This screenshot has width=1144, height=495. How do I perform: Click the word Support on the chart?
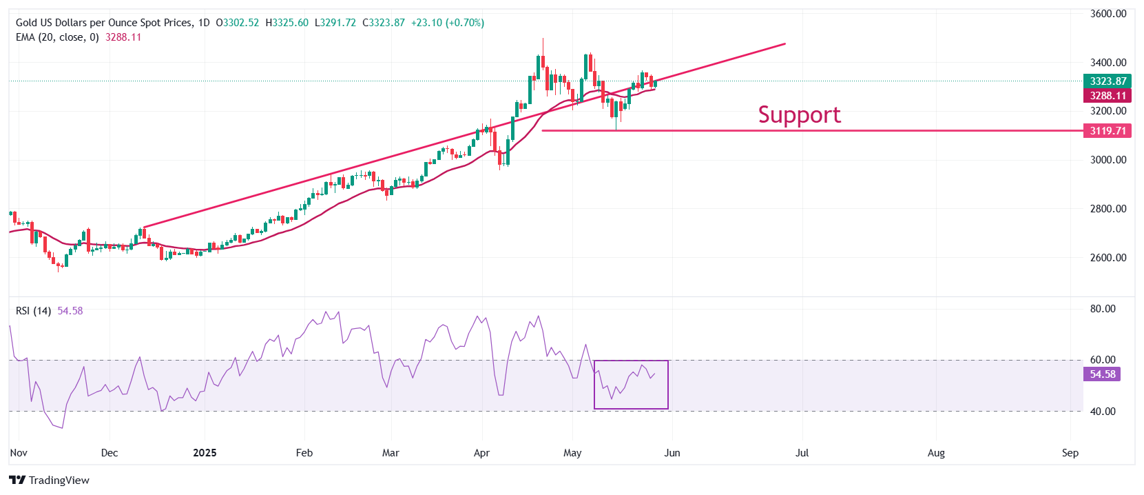799,114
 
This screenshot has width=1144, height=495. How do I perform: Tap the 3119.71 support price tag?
1107,130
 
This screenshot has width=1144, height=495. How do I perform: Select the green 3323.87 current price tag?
1107,81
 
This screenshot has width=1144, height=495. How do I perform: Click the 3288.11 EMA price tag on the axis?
1107,96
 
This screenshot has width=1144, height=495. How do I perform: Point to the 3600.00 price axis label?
1108,14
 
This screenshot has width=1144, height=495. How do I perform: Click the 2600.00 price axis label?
1108,258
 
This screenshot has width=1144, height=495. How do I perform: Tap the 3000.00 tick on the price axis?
1108,160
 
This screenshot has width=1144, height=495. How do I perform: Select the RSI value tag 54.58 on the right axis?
1102,374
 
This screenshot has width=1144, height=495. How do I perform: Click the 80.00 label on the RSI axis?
1102,309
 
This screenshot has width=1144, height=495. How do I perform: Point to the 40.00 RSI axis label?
1102,412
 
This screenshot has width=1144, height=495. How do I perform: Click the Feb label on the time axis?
304,453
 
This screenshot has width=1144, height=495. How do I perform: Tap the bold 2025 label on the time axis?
205,453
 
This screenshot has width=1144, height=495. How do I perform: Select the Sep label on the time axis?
1070,453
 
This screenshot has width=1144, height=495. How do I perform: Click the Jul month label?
802,453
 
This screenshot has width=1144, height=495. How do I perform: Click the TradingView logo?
50,481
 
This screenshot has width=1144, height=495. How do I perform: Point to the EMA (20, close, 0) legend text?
57,37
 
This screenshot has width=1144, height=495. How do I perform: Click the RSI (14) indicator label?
33,311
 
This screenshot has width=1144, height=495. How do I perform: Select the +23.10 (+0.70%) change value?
448,23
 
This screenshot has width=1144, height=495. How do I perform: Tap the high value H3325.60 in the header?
287,23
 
